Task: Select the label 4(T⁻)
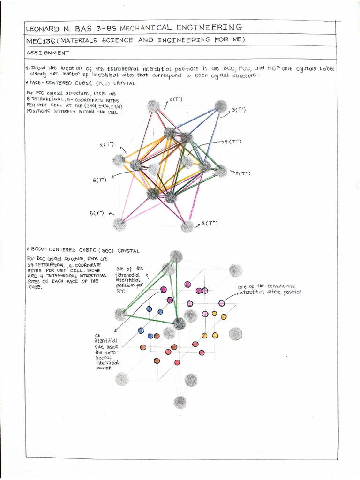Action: coord(232,141)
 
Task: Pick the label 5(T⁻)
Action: coord(97,213)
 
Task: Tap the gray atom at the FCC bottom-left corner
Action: coord(120,225)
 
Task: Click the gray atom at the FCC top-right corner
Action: coord(220,106)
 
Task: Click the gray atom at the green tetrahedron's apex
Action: coord(176,256)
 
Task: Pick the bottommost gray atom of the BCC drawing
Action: coord(180,402)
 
